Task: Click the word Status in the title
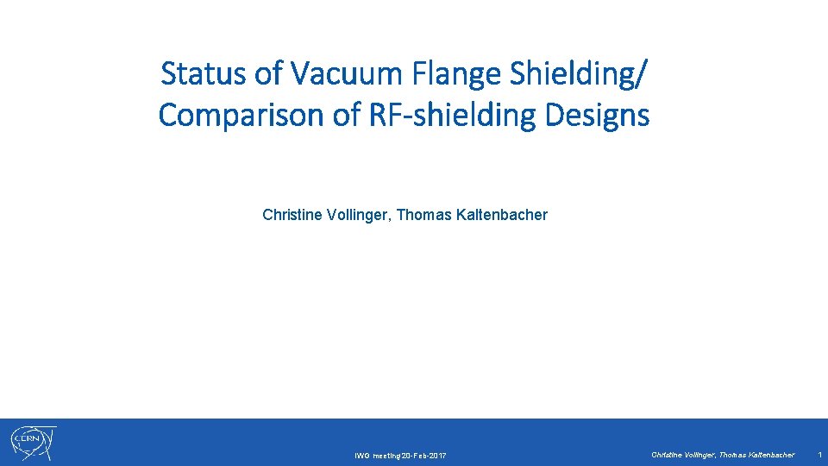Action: tap(204, 74)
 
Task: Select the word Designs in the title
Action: tap(606, 115)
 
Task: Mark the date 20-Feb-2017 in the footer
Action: tap(424, 456)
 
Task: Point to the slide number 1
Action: tap(819, 454)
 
